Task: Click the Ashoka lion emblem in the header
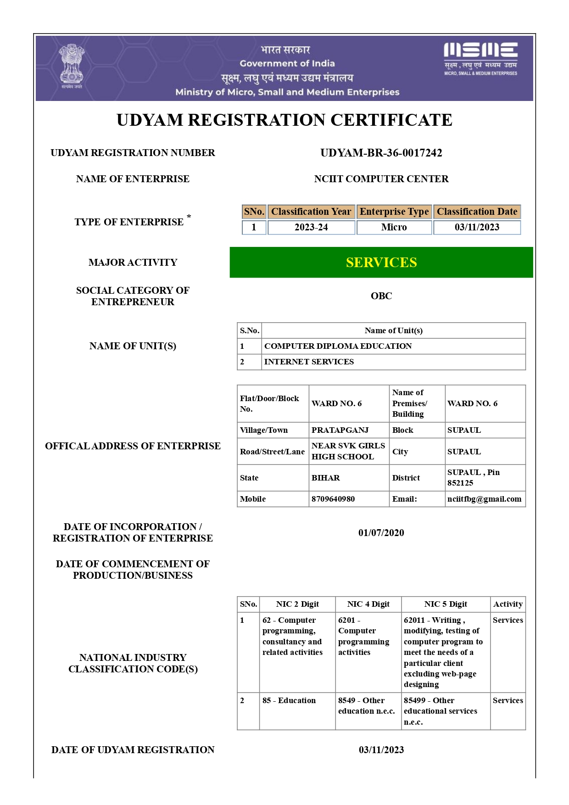tap(72, 65)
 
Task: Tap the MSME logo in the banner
tap(480, 59)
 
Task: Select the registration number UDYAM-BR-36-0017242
tap(381, 153)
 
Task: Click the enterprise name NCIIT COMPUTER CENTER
tap(381, 179)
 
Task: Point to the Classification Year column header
tap(311, 212)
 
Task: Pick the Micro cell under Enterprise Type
tap(394, 227)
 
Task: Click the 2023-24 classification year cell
tap(311, 227)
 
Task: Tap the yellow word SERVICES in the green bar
tap(381, 263)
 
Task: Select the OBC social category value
tap(381, 296)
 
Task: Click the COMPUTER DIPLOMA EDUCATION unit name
tap(338, 346)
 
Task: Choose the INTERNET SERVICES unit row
tap(309, 362)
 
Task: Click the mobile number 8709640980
tap(333, 499)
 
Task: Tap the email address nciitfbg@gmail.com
tap(484, 499)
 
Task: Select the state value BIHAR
tap(325, 478)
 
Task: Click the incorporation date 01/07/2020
tap(381, 533)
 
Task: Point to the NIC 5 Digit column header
tap(445, 604)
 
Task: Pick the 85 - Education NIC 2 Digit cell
tap(289, 700)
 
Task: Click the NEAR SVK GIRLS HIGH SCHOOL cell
tap(348, 451)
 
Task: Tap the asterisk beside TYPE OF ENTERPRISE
tap(189, 216)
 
